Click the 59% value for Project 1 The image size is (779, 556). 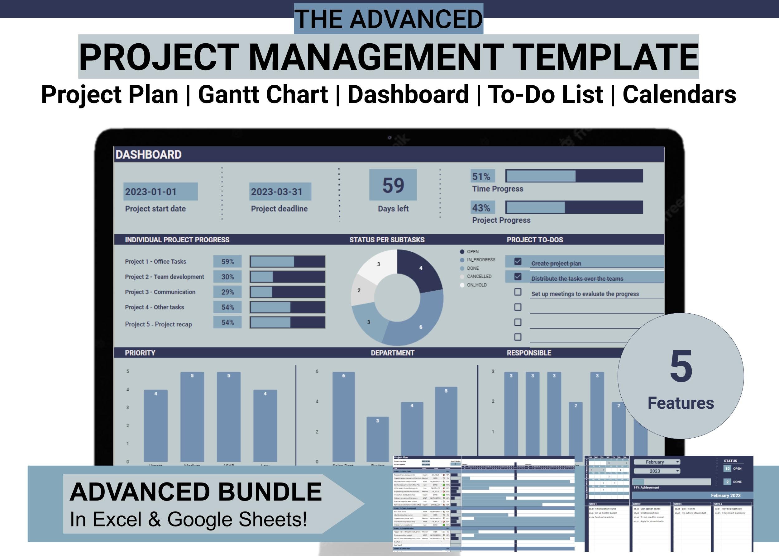click(x=227, y=262)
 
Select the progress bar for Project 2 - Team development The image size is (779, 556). click(x=287, y=277)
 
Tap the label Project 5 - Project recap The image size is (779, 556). click(x=158, y=324)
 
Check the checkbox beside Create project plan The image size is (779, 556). click(x=518, y=262)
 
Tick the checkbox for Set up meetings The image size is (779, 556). click(x=518, y=292)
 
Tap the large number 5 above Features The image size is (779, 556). click(x=681, y=367)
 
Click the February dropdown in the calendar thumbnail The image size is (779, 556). click(x=657, y=462)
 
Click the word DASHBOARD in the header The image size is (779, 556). click(x=149, y=155)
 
